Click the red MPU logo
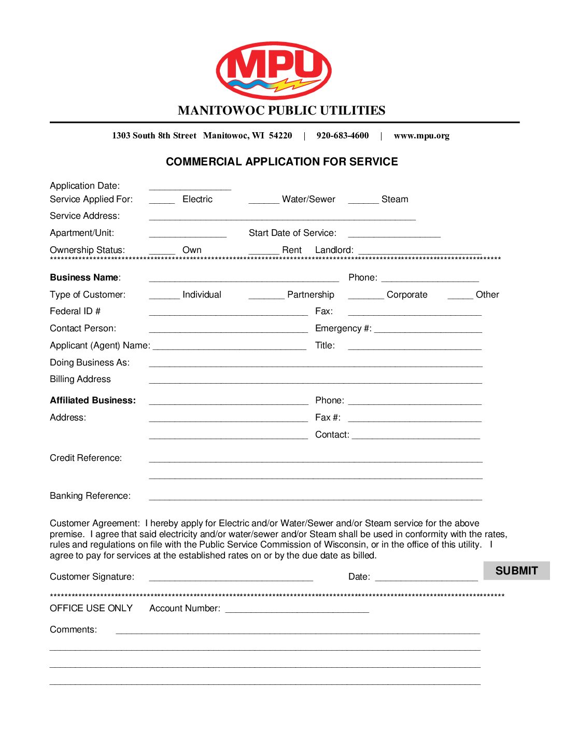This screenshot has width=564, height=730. pyautogui.click(x=274, y=70)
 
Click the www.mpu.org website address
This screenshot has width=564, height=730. pyautogui.click(x=421, y=136)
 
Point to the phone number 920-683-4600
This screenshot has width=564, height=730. pyautogui.click(x=343, y=136)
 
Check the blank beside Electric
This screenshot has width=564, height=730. pyautogui.click(x=162, y=200)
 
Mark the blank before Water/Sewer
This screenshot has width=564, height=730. pyautogui.click(x=264, y=200)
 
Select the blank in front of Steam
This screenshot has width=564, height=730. pyautogui.click(x=363, y=200)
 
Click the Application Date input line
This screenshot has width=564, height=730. pyautogui.click(x=190, y=187)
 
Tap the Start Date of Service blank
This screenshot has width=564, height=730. pyautogui.click(x=394, y=234)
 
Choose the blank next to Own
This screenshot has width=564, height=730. pyautogui.click(x=162, y=251)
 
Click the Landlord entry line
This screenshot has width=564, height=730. pyautogui.click(x=420, y=251)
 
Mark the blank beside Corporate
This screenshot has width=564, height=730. pyautogui.click(x=366, y=296)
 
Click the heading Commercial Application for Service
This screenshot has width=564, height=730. pyautogui.click(x=282, y=162)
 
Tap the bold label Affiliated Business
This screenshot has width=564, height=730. pyautogui.click(x=93, y=400)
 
